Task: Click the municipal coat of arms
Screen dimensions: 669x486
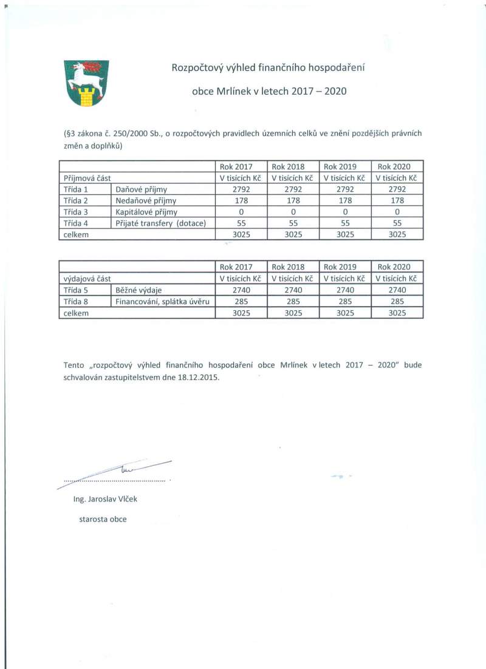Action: [x=86, y=83]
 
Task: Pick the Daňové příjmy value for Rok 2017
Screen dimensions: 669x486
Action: [x=241, y=189]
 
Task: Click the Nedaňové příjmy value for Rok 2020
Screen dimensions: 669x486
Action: [x=398, y=200]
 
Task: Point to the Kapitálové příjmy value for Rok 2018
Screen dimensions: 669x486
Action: [x=293, y=212]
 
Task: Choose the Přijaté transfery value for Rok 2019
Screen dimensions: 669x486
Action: [x=345, y=223]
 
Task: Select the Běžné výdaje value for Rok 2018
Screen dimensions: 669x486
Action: [x=293, y=290]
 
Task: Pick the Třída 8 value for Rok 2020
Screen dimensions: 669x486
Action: [x=398, y=301]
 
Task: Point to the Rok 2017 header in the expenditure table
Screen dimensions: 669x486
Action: [x=241, y=267]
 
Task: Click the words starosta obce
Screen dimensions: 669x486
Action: [x=103, y=519]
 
